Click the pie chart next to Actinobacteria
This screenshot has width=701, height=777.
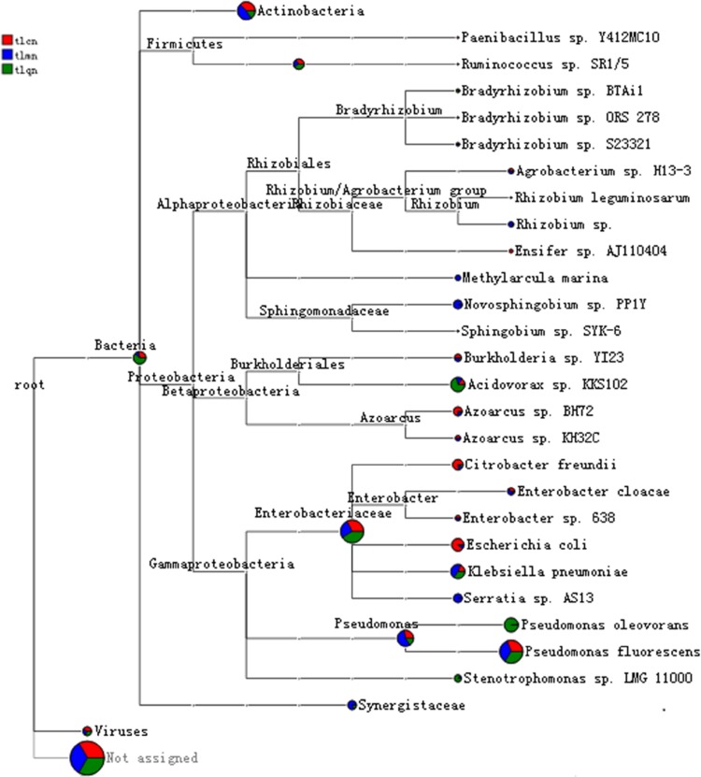tap(246, 10)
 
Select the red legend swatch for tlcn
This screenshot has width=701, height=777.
tap(7, 40)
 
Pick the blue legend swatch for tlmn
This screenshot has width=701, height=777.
tap(7, 54)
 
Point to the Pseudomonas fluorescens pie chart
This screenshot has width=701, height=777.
tap(511, 652)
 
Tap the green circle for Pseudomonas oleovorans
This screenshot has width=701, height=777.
tap(510, 625)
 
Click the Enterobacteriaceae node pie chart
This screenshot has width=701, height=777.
tap(352, 532)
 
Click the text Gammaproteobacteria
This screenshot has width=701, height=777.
tap(222, 564)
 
